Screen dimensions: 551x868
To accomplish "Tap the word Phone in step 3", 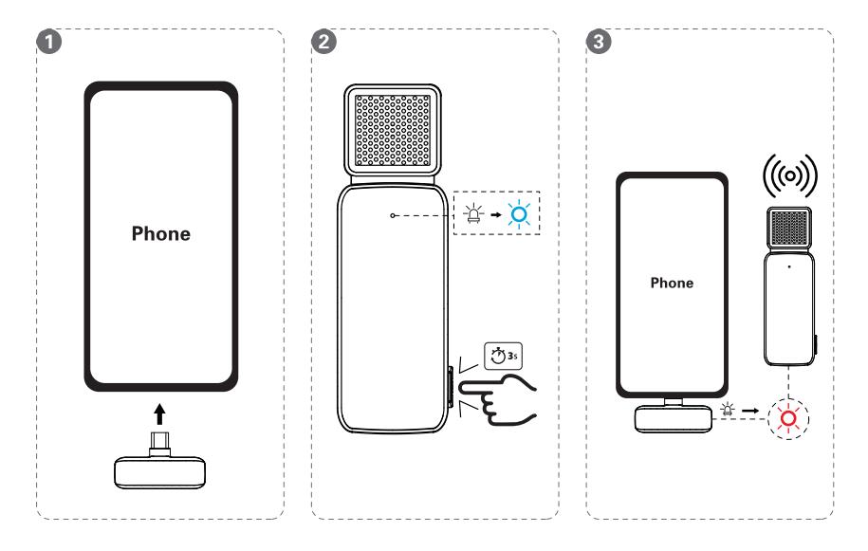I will coord(673,284).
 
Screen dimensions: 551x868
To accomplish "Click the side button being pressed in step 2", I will coord(448,390).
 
